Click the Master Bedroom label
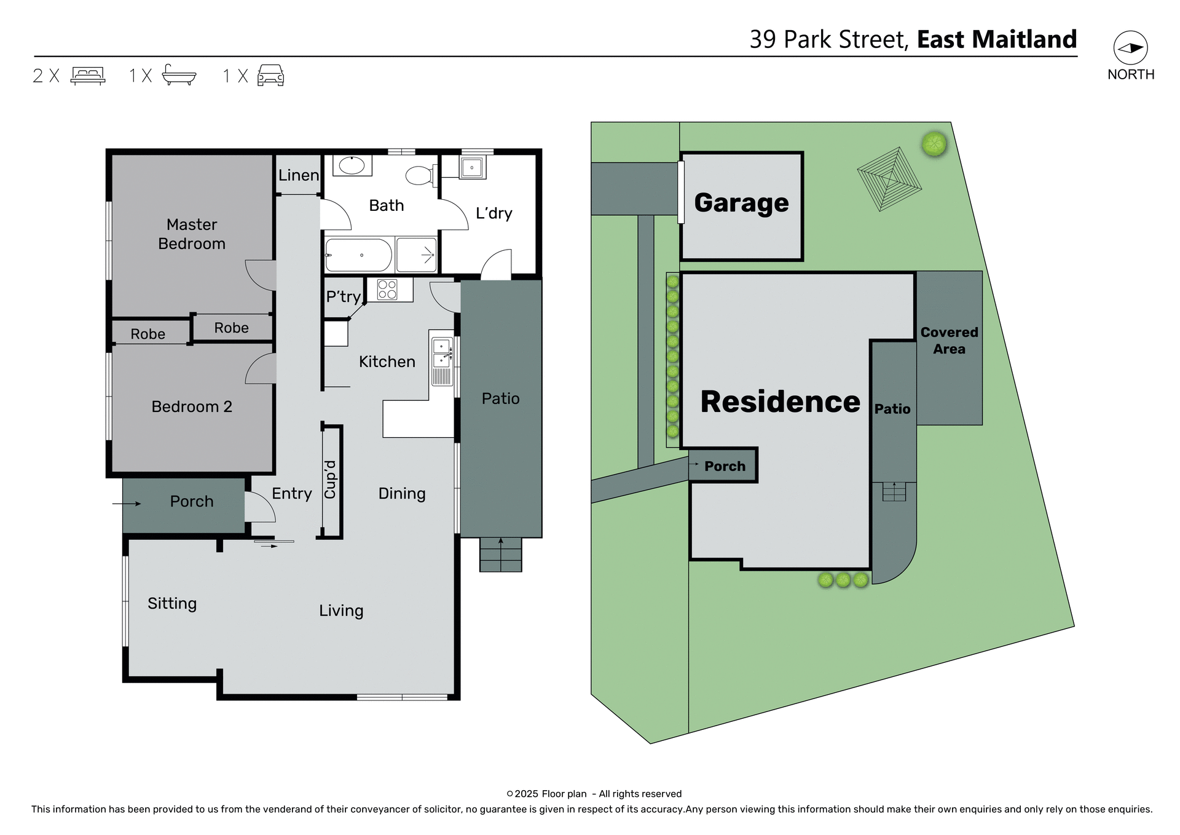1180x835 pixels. (x=192, y=234)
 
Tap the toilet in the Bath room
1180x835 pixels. (x=422, y=175)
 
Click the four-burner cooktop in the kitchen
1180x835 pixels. (x=387, y=290)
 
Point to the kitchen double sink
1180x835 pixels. (x=441, y=354)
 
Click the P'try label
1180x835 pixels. (x=343, y=297)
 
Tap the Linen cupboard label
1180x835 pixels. (x=299, y=175)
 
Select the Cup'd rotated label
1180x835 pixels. (x=331, y=480)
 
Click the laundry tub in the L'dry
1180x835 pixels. (x=472, y=167)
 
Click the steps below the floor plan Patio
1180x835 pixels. (x=500, y=555)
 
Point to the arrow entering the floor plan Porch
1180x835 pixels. (x=127, y=504)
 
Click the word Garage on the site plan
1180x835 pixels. (x=741, y=203)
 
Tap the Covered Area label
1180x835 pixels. (x=949, y=341)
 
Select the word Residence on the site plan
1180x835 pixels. (x=780, y=402)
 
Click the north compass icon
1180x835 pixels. (x=1130, y=48)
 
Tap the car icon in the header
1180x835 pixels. (x=270, y=75)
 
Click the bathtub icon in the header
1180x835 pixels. (x=179, y=75)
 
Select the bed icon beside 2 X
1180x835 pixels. (x=88, y=75)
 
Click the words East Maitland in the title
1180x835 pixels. (x=997, y=39)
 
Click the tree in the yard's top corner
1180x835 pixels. (x=934, y=144)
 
